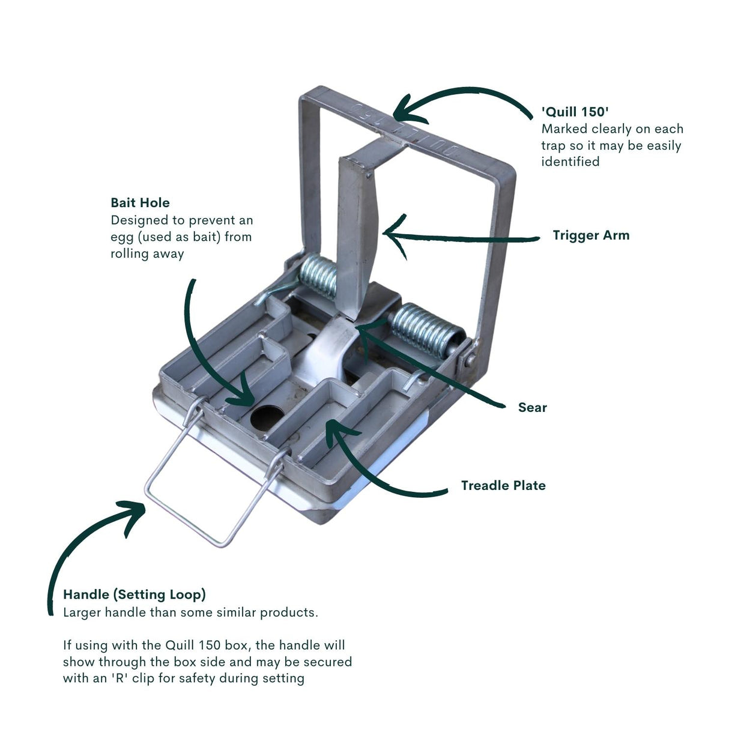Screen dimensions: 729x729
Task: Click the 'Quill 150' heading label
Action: (x=575, y=112)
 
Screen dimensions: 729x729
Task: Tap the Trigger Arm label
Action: (x=591, y=235)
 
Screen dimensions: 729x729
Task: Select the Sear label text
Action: (x=532, y=408)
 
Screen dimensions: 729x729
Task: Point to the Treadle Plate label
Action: (x=503, y=485)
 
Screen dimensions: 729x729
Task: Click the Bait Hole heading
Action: (x=140, y=203)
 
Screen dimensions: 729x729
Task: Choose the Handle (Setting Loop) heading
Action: (x=135, y=594)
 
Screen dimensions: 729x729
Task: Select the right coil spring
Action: (x=426, y=329)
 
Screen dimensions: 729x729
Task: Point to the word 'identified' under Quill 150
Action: (x=570, y=162)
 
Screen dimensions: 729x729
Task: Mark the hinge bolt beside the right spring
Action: (x=470, y=358)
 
